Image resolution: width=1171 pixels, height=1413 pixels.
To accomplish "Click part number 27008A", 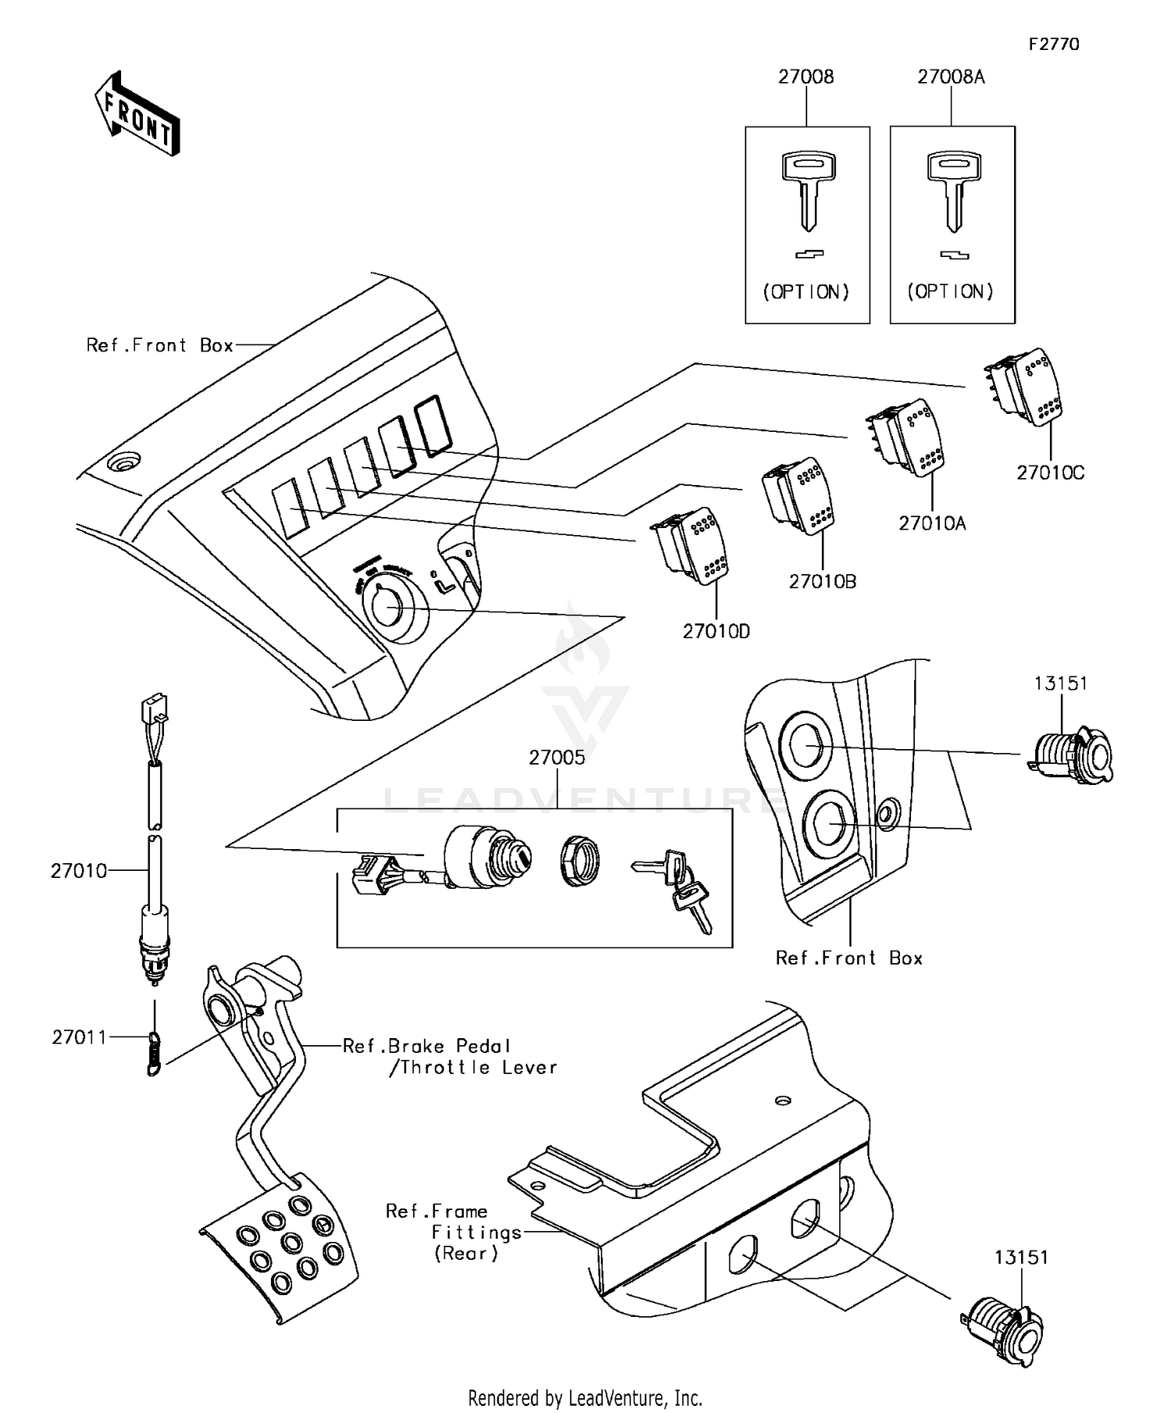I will [x=951, y=77].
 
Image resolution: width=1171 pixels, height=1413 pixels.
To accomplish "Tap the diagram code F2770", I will [x=1053, y=45].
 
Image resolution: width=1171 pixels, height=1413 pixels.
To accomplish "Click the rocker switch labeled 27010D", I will [x=690, y=544].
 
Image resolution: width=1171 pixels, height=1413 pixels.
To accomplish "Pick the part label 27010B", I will [x=822, y=582].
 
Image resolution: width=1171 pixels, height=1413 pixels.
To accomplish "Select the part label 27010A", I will [x=931, y=523].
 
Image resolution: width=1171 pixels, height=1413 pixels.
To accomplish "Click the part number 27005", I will [x=557, y=758].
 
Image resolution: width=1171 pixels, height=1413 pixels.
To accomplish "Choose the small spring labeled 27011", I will [x=155, y=1051].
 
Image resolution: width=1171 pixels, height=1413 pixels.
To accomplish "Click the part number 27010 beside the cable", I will [x=79, y=871].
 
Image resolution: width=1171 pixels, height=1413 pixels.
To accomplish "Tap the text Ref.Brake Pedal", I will [x=426, y=1046].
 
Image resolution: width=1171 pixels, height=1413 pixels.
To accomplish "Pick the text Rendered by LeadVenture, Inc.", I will [x=585, y=1397].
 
